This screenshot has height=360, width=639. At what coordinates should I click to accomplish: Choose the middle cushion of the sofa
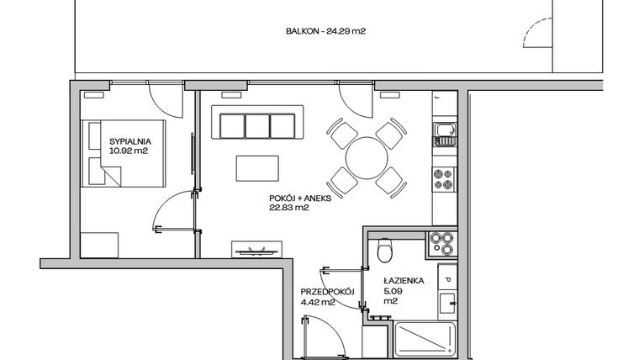click(258, 125)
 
